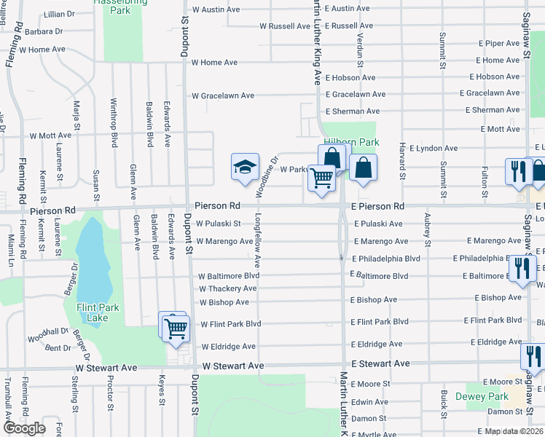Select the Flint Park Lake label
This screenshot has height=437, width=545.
(93, 312)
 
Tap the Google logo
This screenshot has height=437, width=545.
(24, 428)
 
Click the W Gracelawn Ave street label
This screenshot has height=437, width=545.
(222, 95)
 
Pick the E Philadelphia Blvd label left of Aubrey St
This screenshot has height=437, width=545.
(385, 259)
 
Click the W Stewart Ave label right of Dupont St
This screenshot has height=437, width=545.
(232, 366)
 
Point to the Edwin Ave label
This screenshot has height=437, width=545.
(369, 402)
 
